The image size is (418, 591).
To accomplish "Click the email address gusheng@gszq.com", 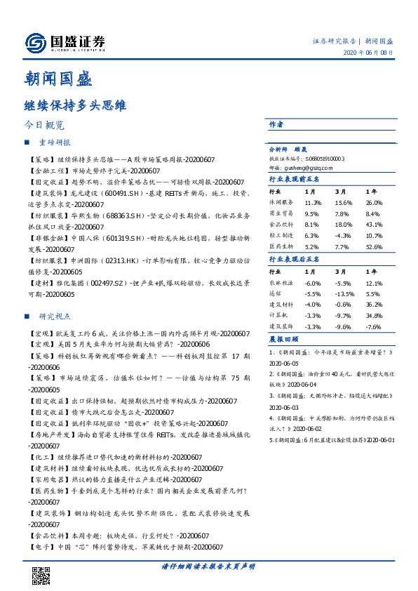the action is click(305, 168).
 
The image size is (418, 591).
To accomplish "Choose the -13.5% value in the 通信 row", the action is click(342, 295).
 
